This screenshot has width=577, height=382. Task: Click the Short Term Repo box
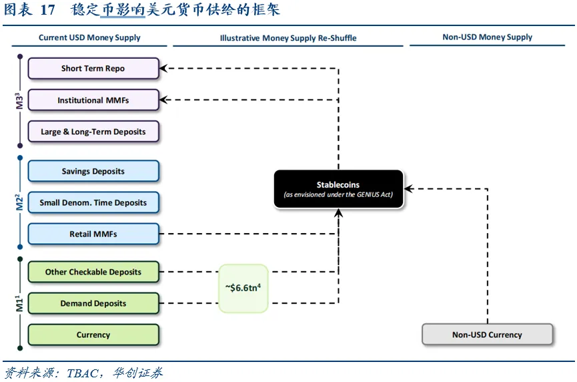(x=93, y=69)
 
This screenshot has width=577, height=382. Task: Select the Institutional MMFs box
(x=93, y=100)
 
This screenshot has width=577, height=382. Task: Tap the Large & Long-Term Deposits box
(x=93, y=132)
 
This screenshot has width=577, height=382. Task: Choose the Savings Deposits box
(x=93, y=171)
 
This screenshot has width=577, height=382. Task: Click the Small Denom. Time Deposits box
(x=93, y=202)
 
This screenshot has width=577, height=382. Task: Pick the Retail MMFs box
(x=93, y=234)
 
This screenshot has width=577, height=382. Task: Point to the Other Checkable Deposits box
(x=93, y=272)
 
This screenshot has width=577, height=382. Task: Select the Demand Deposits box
(x=93, y=303)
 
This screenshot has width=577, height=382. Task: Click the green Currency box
(x=93, y=335)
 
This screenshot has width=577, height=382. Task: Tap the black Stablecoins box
(x=339, y=189)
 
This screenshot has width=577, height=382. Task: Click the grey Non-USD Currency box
(x=487, y=335)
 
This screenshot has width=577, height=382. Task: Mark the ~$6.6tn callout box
(x=243, y=289)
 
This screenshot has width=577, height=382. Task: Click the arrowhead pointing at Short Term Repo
(x=163, y=68)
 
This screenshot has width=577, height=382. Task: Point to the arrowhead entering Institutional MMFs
(x=163, y=100)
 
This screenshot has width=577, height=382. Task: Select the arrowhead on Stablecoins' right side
(x=408, y=188)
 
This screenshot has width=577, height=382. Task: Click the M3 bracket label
(x=19, y=101)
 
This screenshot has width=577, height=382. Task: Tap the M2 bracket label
(x=19, y=202)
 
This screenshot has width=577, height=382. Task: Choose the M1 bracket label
(x=19, y=303)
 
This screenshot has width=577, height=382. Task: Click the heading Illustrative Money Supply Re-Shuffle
(x=288, y=38)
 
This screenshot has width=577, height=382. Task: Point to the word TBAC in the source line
(x=83, y=373)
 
